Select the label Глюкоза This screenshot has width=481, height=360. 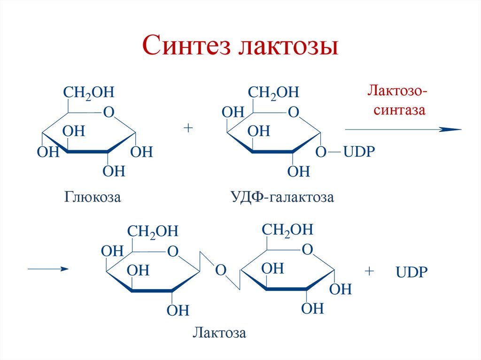[93, 197]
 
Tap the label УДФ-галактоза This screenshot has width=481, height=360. [282, 197]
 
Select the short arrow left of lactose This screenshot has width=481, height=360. [48, 269]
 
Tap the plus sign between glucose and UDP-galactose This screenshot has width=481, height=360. [189, 128]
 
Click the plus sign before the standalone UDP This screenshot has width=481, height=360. [370, 271]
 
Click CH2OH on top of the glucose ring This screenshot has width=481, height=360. [89, 92]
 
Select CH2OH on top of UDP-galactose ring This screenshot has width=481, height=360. [273, 92]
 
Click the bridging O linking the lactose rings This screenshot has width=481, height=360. [221, 270]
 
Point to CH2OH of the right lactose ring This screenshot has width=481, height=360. [287, 229]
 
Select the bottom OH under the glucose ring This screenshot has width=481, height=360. [114, 171]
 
